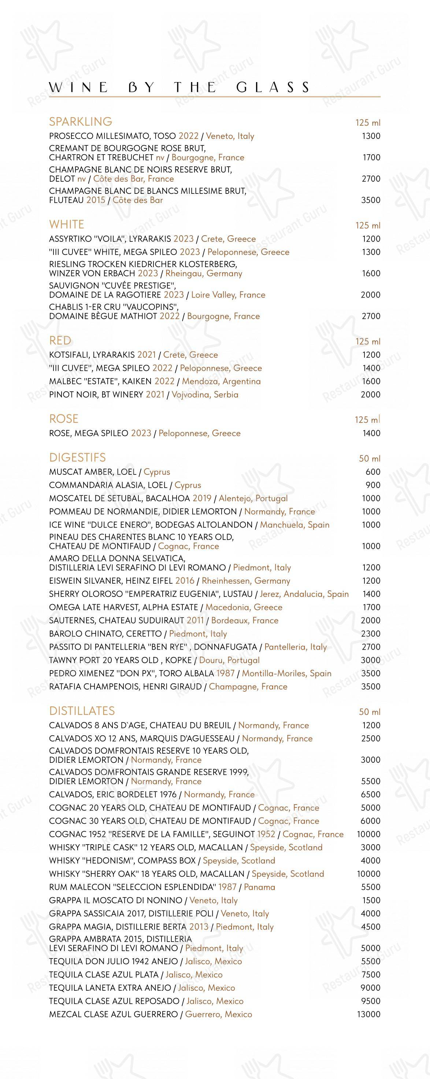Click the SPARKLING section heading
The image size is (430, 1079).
pyautogui.click(x=80, y=122)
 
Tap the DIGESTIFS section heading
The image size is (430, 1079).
pyautogui.click(x=77, y=457)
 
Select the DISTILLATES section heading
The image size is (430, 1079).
pyautogui.click(x=82, y=711)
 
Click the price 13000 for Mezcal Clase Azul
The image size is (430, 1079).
pyautogui.click(x=368, y=1014)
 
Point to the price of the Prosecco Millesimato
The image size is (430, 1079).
pyautogui.click(x=371, y=136)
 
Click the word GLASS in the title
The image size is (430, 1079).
pyautogui.click(x=273, y=87)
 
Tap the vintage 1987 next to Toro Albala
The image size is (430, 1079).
pyautogui.click(x=225, y=673)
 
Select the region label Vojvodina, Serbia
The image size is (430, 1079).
pyautogui.click(x=205, y=395)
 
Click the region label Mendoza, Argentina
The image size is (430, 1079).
pyautogui.click(x=221, y=381)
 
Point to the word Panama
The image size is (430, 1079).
pyautogui.click(x=259, y=887)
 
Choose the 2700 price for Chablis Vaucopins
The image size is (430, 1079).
pyautogui.click(x=371, y=316)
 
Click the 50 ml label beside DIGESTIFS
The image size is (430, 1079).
pyautogui.click(x=369, y=459)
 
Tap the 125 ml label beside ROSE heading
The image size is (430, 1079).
pyautogui.click(x=368, y=420)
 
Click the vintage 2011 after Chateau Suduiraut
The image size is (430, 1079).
pyautogui.click(x=195, y=620)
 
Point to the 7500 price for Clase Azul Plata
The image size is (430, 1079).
pyautogui.click(x=371, y=974)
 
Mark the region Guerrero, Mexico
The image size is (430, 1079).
pyautogui.click(x=219, y=1014)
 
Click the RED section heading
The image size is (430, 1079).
pyautogui.click(x=60, y=340)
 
